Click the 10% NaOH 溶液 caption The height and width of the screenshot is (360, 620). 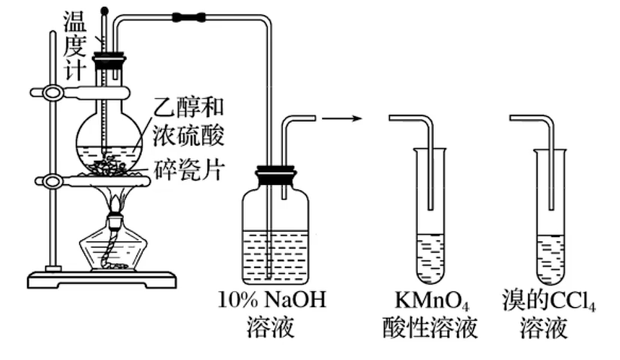pos(271,314)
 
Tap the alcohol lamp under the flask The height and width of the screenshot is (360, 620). pos(114,245)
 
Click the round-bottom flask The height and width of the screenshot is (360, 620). pos(109,140)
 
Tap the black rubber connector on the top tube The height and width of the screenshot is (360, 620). pos(189,16)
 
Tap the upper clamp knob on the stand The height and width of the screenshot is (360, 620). pos(53,93)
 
